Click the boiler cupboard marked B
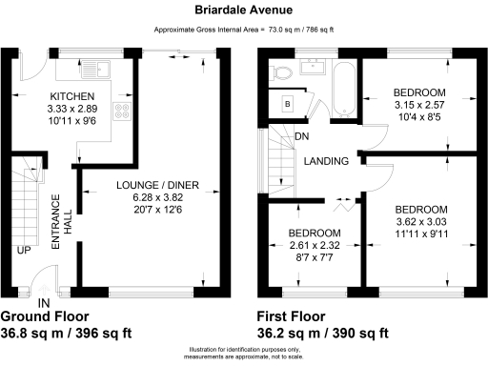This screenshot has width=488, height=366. click(x=287, y=103)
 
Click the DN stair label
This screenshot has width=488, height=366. click(x=301, y=136)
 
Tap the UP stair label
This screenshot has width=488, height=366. click(x=21, y=251)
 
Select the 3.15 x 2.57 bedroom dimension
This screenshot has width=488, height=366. click(x=419, y=106)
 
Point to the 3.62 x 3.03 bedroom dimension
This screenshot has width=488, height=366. click(x=421, y=222)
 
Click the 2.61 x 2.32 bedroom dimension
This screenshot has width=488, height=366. click(x=315, y=246)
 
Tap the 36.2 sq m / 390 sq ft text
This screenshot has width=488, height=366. click(x=322, y=333)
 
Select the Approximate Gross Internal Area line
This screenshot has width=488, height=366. click(x=244, y=30)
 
